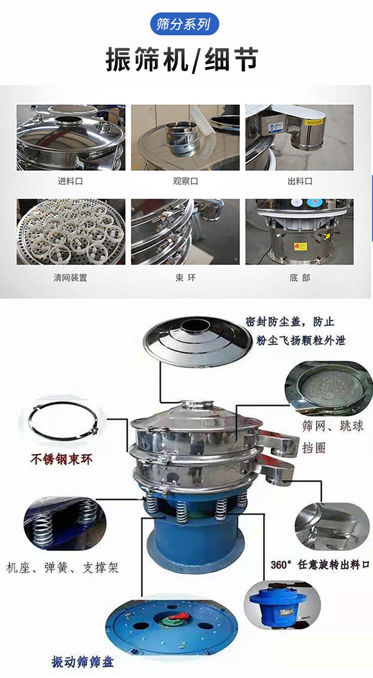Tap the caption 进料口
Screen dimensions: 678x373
coord(70,181)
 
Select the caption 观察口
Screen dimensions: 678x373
coord(185,181)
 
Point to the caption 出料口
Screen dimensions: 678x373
coord(299,181)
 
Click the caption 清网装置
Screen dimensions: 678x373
coord(70,278)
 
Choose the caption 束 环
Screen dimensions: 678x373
coord(185,278)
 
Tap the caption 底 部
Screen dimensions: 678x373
coord(299,278)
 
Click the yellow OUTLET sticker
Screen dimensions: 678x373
coord(314,122)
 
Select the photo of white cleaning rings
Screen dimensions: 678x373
coord(71,232)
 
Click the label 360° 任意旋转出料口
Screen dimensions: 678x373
coord(320,565)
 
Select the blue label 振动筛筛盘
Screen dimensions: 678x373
coord(83,662)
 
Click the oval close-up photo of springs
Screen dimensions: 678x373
coord(65,522)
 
